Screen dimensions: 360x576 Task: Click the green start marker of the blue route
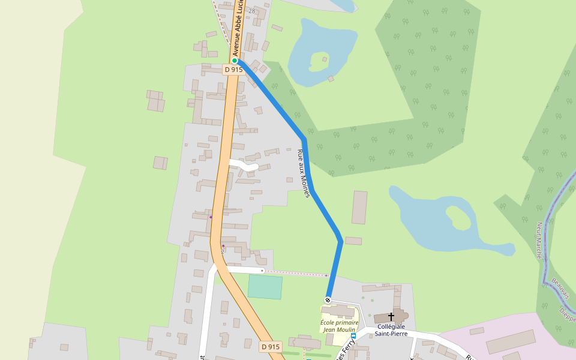click(x=235, y=61)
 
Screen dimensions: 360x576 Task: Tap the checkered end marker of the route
click(x=328, y=299)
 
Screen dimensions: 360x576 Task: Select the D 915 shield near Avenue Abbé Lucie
click(x=233, y=70)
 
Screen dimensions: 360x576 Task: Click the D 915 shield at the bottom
click(x=271, y=347)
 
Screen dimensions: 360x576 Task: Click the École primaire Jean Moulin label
click(x=340, y=326)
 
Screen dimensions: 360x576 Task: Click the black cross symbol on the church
click(x=391, y=316)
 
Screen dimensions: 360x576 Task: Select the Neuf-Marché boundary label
click(x=539, y=240)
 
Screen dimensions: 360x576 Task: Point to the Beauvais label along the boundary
click(x=560, y=288)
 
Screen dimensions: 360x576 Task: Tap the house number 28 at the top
click(x=251, y=11)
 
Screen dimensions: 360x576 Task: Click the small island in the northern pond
click(x=320, y=59)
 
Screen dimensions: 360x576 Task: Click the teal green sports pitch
click(x=265, y=287)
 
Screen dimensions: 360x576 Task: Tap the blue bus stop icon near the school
click(x=353, y=336)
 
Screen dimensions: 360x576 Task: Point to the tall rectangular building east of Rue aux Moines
click(x=359, y=207)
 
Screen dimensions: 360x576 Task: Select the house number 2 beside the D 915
click(x=223, y=251)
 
